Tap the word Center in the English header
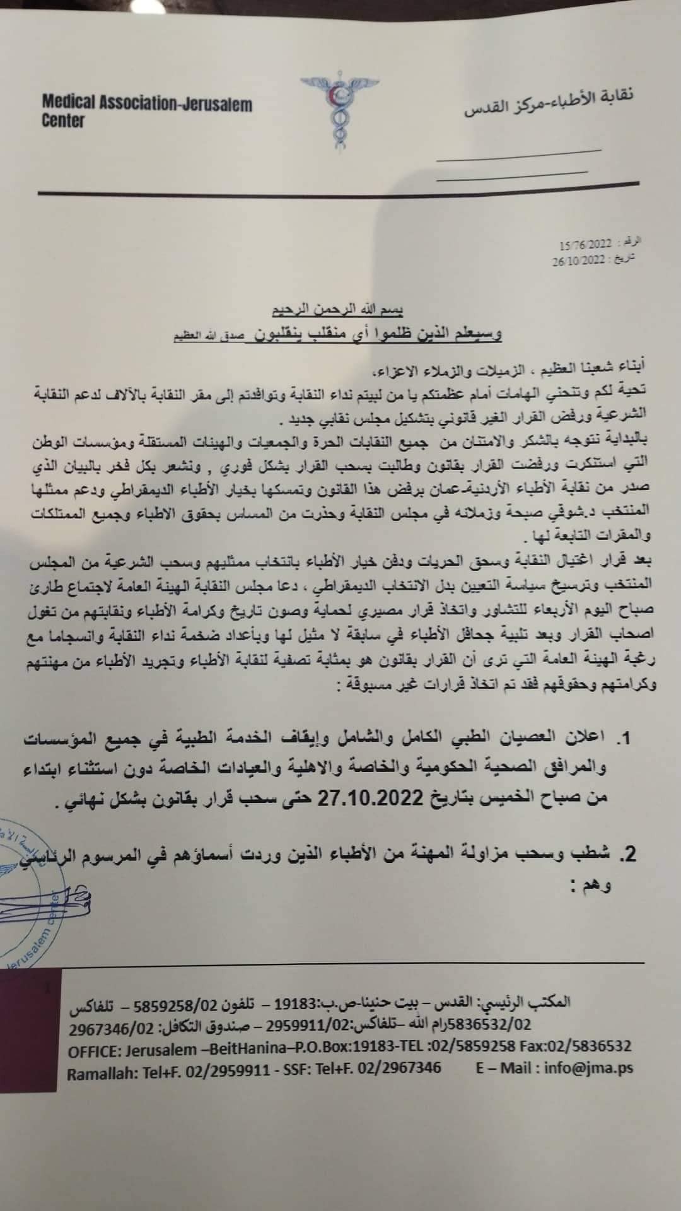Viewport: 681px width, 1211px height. [x=63, y=120]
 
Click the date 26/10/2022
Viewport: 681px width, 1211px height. [x=578, y=259]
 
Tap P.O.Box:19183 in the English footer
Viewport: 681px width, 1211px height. [x=330, y=1046]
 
